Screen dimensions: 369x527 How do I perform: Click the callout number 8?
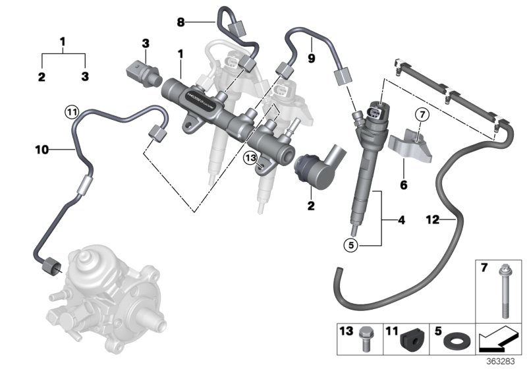coord(180,22)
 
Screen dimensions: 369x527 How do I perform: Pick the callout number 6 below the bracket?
coord(404,186)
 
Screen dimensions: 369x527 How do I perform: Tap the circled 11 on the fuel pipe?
coord(70,111)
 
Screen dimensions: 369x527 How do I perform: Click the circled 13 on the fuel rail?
coord(249,159)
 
